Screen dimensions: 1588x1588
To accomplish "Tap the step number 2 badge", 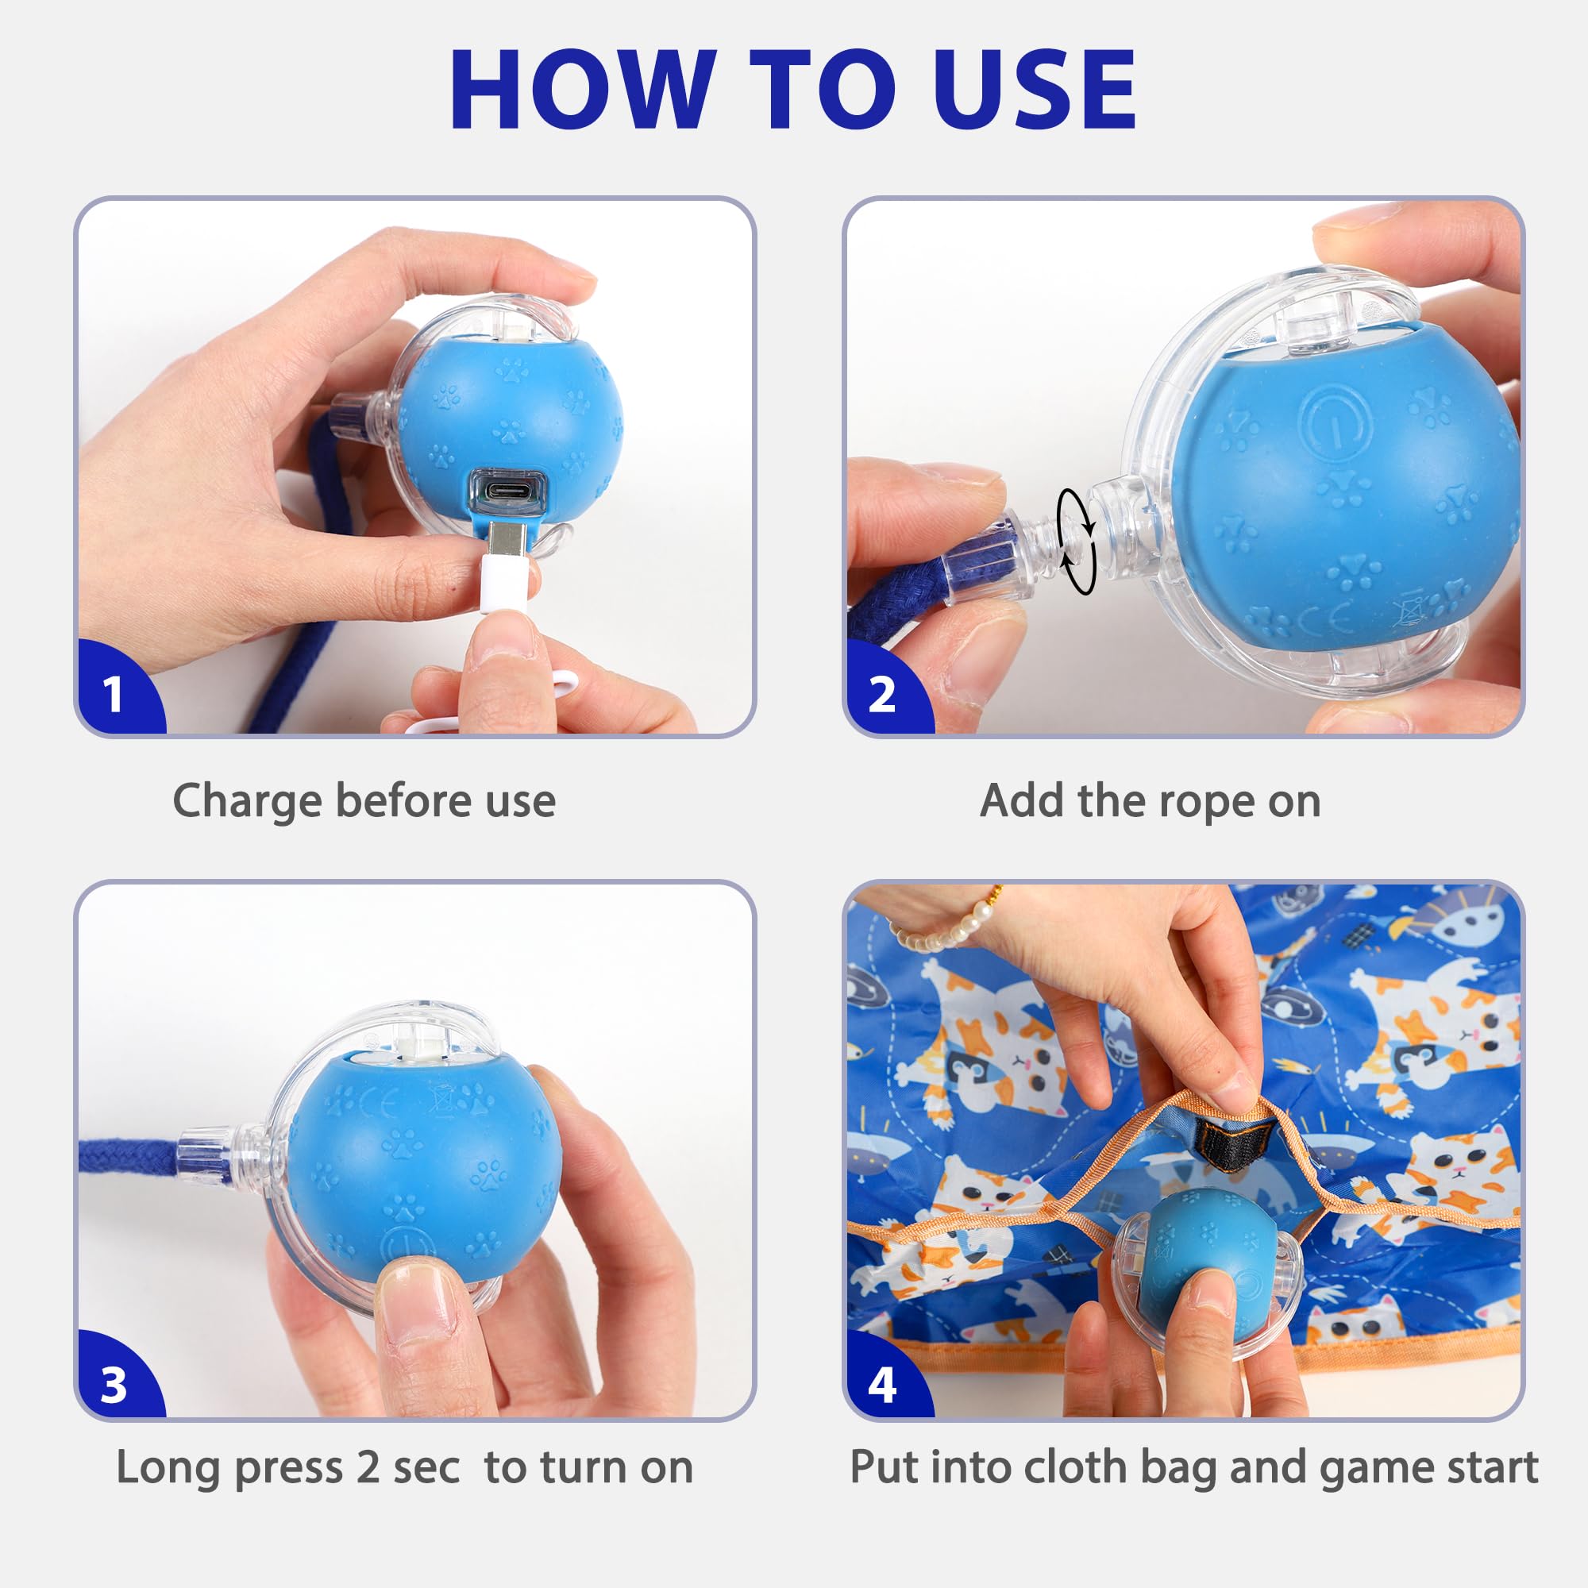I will click(x=882, y=695).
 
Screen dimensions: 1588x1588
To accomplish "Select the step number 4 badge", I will click(x=882, y=1385).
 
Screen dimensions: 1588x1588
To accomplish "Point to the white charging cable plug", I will click(x=507, y=576).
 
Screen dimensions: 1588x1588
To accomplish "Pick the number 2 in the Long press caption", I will click(x=368, y=1467).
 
